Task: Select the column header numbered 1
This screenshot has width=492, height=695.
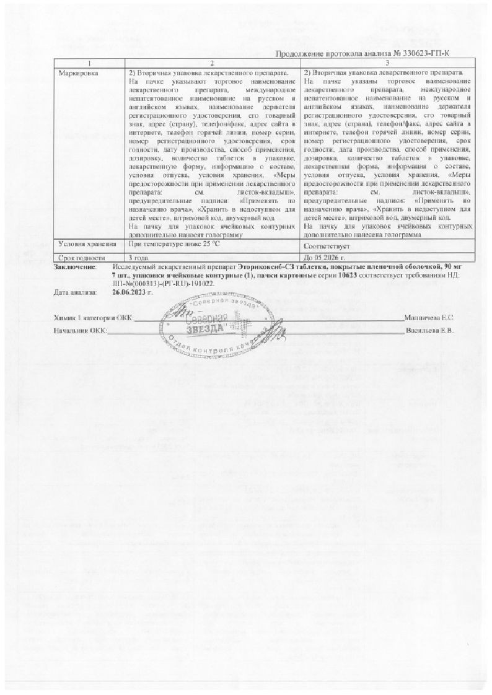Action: [x=89, y=63]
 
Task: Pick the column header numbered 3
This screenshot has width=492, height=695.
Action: [x=387, y=63]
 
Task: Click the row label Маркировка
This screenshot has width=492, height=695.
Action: [x=77, y=73]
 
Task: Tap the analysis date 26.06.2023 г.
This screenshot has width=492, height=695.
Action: [x=133, y=291]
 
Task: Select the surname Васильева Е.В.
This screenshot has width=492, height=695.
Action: [x=430, y=330]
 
